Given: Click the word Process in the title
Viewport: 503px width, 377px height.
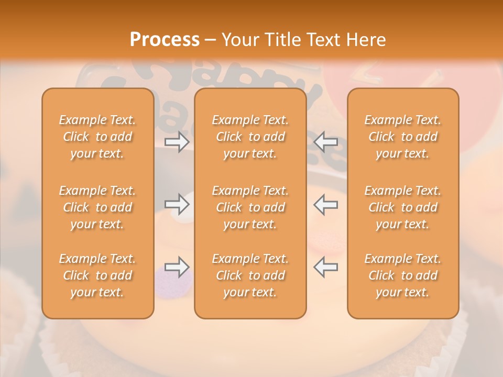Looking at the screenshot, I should [x=165, y=40].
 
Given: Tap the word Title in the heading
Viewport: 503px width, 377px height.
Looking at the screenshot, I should [x=282, y=40].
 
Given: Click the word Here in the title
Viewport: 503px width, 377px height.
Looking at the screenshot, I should [x=366, y=40].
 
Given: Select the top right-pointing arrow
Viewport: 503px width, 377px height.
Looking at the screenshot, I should [x=177, y=141].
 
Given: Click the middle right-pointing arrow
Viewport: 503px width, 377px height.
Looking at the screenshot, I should [x=177, y=204].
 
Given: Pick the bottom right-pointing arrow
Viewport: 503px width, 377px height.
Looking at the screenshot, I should [x=177, y=267].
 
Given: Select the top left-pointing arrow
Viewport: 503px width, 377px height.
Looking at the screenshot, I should [x=326, y=141].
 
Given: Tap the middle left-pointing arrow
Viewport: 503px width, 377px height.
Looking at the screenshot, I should [x=326, y=204].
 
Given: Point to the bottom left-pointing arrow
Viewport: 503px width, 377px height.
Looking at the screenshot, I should [x=326, y=267].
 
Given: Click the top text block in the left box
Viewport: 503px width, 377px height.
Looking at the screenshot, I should [x=97, y=137].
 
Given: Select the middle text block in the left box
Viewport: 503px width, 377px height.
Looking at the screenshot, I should [x=97, y=207].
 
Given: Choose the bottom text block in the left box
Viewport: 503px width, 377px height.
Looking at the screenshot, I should [x=97, y=275].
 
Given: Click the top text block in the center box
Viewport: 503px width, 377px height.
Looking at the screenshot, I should [x=250, y=137].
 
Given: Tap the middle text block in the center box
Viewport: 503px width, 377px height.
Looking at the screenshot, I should [x=250, y=207].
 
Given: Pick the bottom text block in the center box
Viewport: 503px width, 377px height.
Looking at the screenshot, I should [x=250, y=275].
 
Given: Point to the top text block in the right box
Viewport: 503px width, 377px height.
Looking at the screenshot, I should [x=403, y=137].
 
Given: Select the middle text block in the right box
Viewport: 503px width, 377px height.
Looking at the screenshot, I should [x=403, y=207].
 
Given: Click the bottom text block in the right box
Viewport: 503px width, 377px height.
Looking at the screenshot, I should [x=403, y=275].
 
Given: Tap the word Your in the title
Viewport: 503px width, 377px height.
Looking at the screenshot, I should [x=240, y=40].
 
